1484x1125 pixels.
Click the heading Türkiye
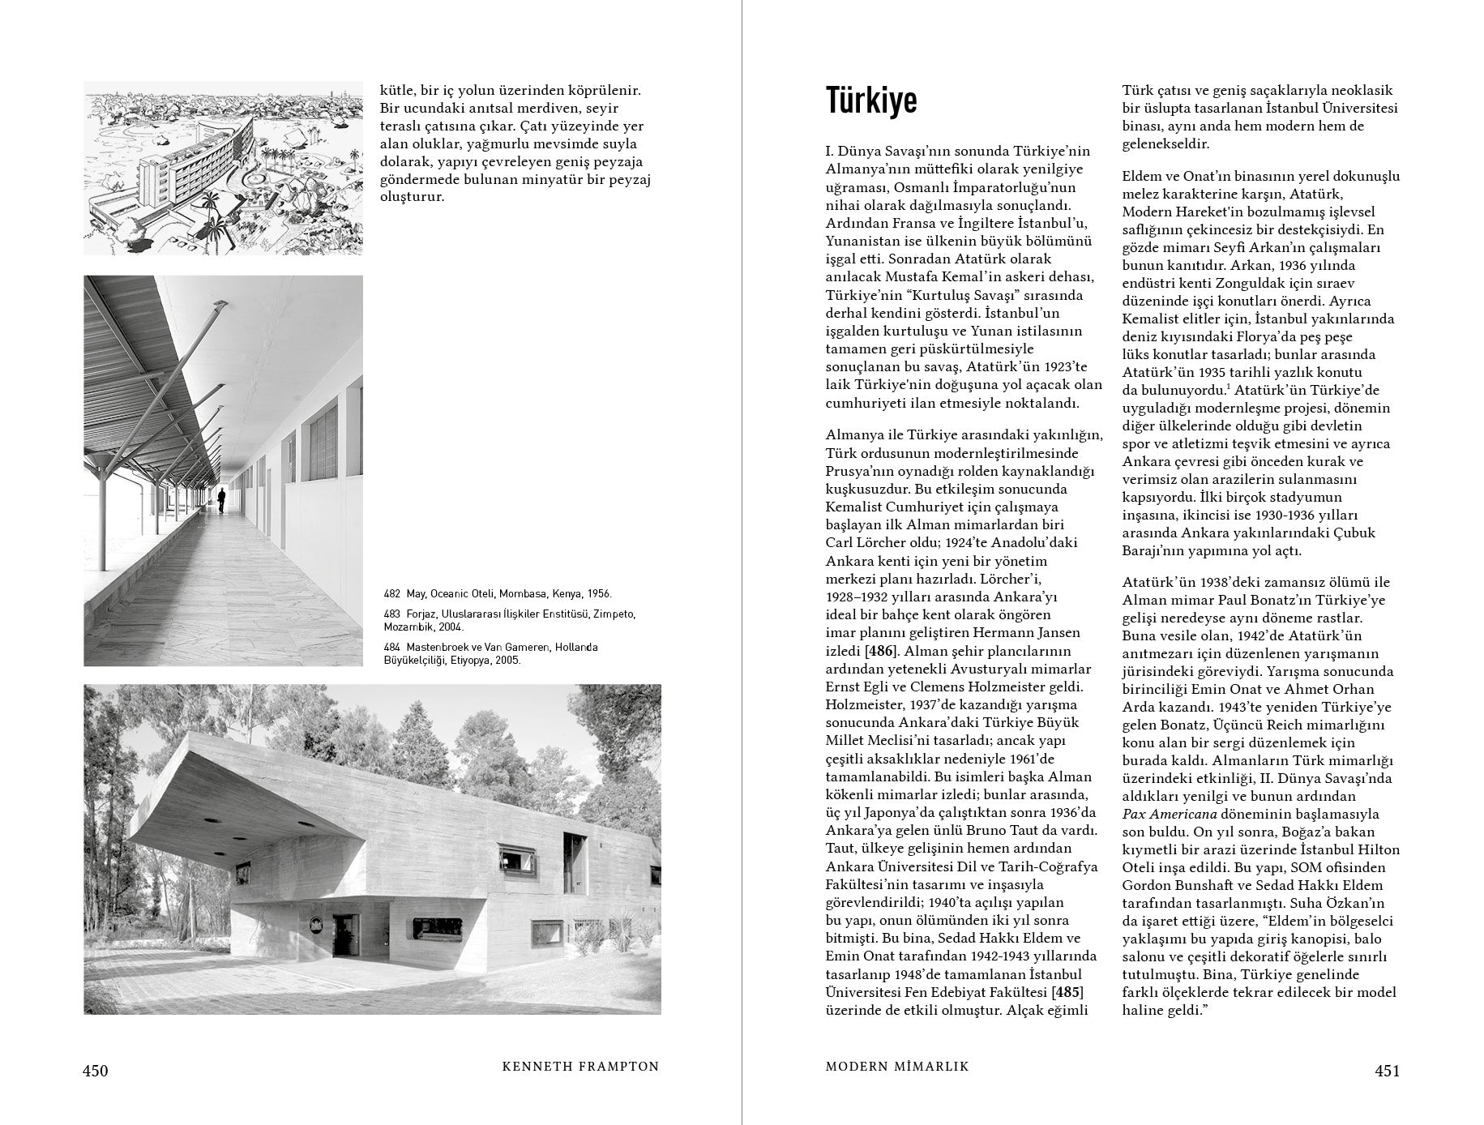(871, 101)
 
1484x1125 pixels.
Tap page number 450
(95, 1071)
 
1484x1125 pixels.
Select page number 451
(1388, 1071)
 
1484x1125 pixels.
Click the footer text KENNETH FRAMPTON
(580, 1067)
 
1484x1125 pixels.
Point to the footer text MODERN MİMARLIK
(897, 1067)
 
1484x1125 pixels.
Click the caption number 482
(392, 594)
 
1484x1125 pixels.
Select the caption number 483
(392, 614)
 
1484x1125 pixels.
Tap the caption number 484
(392, 648)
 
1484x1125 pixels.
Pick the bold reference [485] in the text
(1067, 992)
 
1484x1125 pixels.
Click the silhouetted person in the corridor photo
(221, 499)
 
